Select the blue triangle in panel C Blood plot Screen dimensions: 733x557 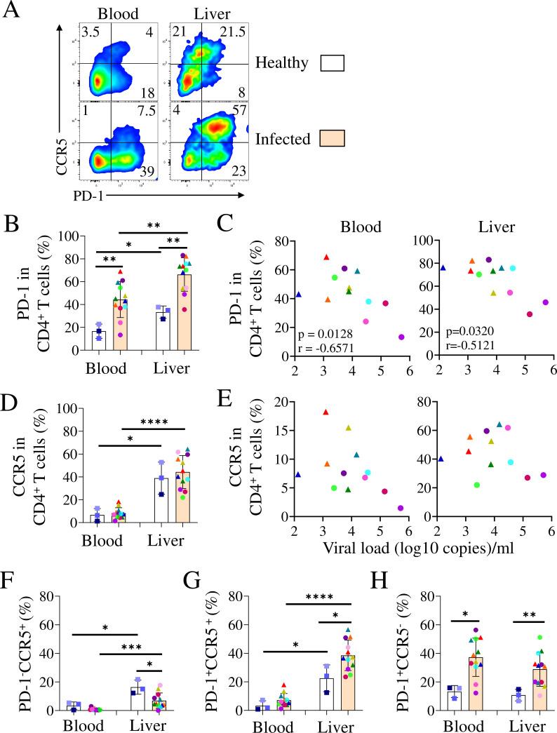[x=298, y=295]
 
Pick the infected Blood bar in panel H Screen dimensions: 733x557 [x=476, y=684]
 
